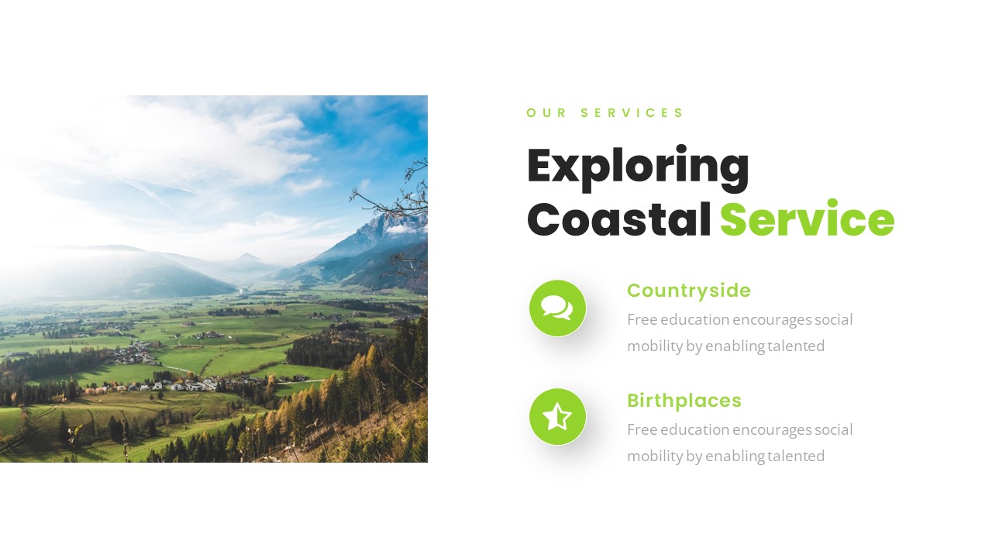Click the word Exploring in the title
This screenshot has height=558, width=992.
tap(638, 167)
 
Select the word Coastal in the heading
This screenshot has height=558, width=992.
tap(618, 220)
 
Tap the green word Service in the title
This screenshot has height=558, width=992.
tap(807, 220)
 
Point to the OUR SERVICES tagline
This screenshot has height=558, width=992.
tap(604, 113)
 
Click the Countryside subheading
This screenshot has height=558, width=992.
tap(688, 291)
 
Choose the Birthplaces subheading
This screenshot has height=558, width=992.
tap(684, 401)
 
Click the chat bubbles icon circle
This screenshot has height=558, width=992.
tap(557, 308)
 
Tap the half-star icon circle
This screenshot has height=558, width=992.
tap(557, 417)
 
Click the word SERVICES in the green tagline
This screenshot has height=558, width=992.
tap(632, 113)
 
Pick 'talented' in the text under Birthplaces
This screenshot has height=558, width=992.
tap(795, 456)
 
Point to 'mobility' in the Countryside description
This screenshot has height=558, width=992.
tap(654, 346)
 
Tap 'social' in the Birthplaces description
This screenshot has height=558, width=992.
tap(834, 429)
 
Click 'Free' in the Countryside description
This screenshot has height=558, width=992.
tap(640, 319)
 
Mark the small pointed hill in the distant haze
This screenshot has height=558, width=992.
tap(248, 257)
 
